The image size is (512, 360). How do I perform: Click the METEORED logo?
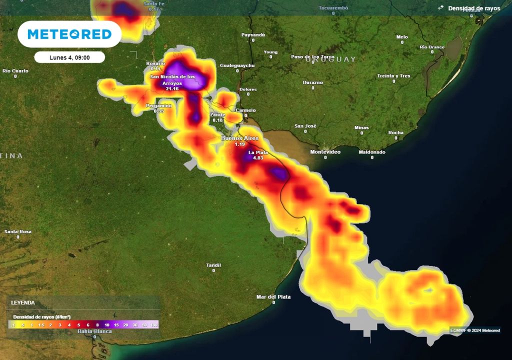click(69, 34)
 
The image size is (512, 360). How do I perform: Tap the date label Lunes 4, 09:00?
click(69, 57)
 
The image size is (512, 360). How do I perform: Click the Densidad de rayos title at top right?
click(473, 8)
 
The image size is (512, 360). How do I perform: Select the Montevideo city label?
click(325, 151)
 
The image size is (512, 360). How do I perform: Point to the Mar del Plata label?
click(273, 296)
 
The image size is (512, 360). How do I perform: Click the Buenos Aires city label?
click(239, 138)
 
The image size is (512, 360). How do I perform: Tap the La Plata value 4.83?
click(258, 158)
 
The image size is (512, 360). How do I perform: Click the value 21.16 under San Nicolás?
click(172, 88)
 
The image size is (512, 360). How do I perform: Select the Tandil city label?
click(213, 264)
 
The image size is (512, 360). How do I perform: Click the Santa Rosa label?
click(18, 231)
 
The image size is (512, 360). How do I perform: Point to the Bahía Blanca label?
click(94, 331)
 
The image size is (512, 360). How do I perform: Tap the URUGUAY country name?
click(333, 59)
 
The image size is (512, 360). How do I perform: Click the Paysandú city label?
click(253, 34)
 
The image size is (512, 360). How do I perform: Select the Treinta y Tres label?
click(393, 75)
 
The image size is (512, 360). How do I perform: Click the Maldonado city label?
click(371, 151)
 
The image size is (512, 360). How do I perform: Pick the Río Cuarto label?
click(15, 70)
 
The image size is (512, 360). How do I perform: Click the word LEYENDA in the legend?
click(23, 303)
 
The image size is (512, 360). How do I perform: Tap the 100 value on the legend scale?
click(153, 325)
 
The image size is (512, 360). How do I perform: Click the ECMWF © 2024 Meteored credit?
click(474, 330)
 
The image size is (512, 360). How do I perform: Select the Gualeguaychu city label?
click(237, 65)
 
